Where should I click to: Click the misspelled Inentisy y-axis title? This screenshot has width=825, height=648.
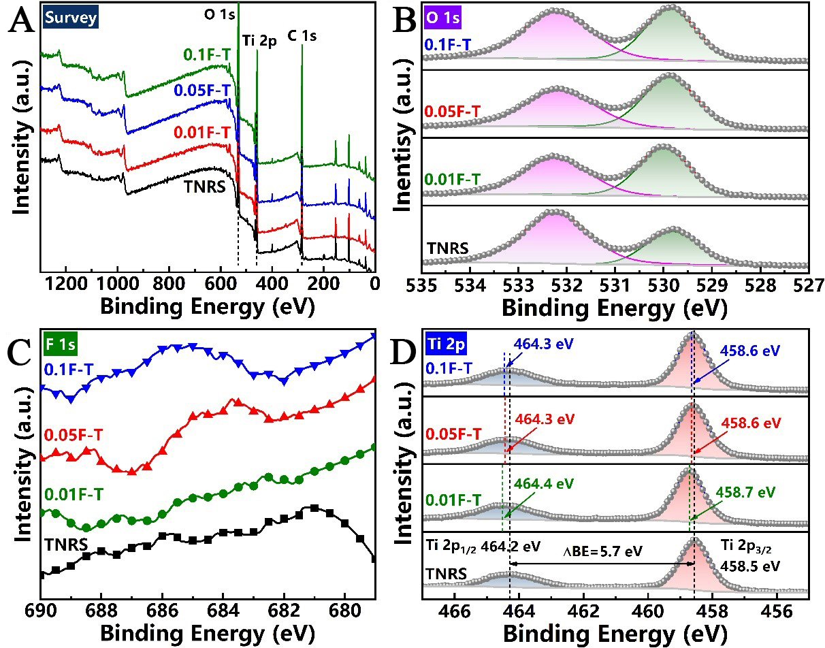[x=406, y=136]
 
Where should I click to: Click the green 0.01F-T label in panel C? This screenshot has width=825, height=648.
[x=75, y=492]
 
